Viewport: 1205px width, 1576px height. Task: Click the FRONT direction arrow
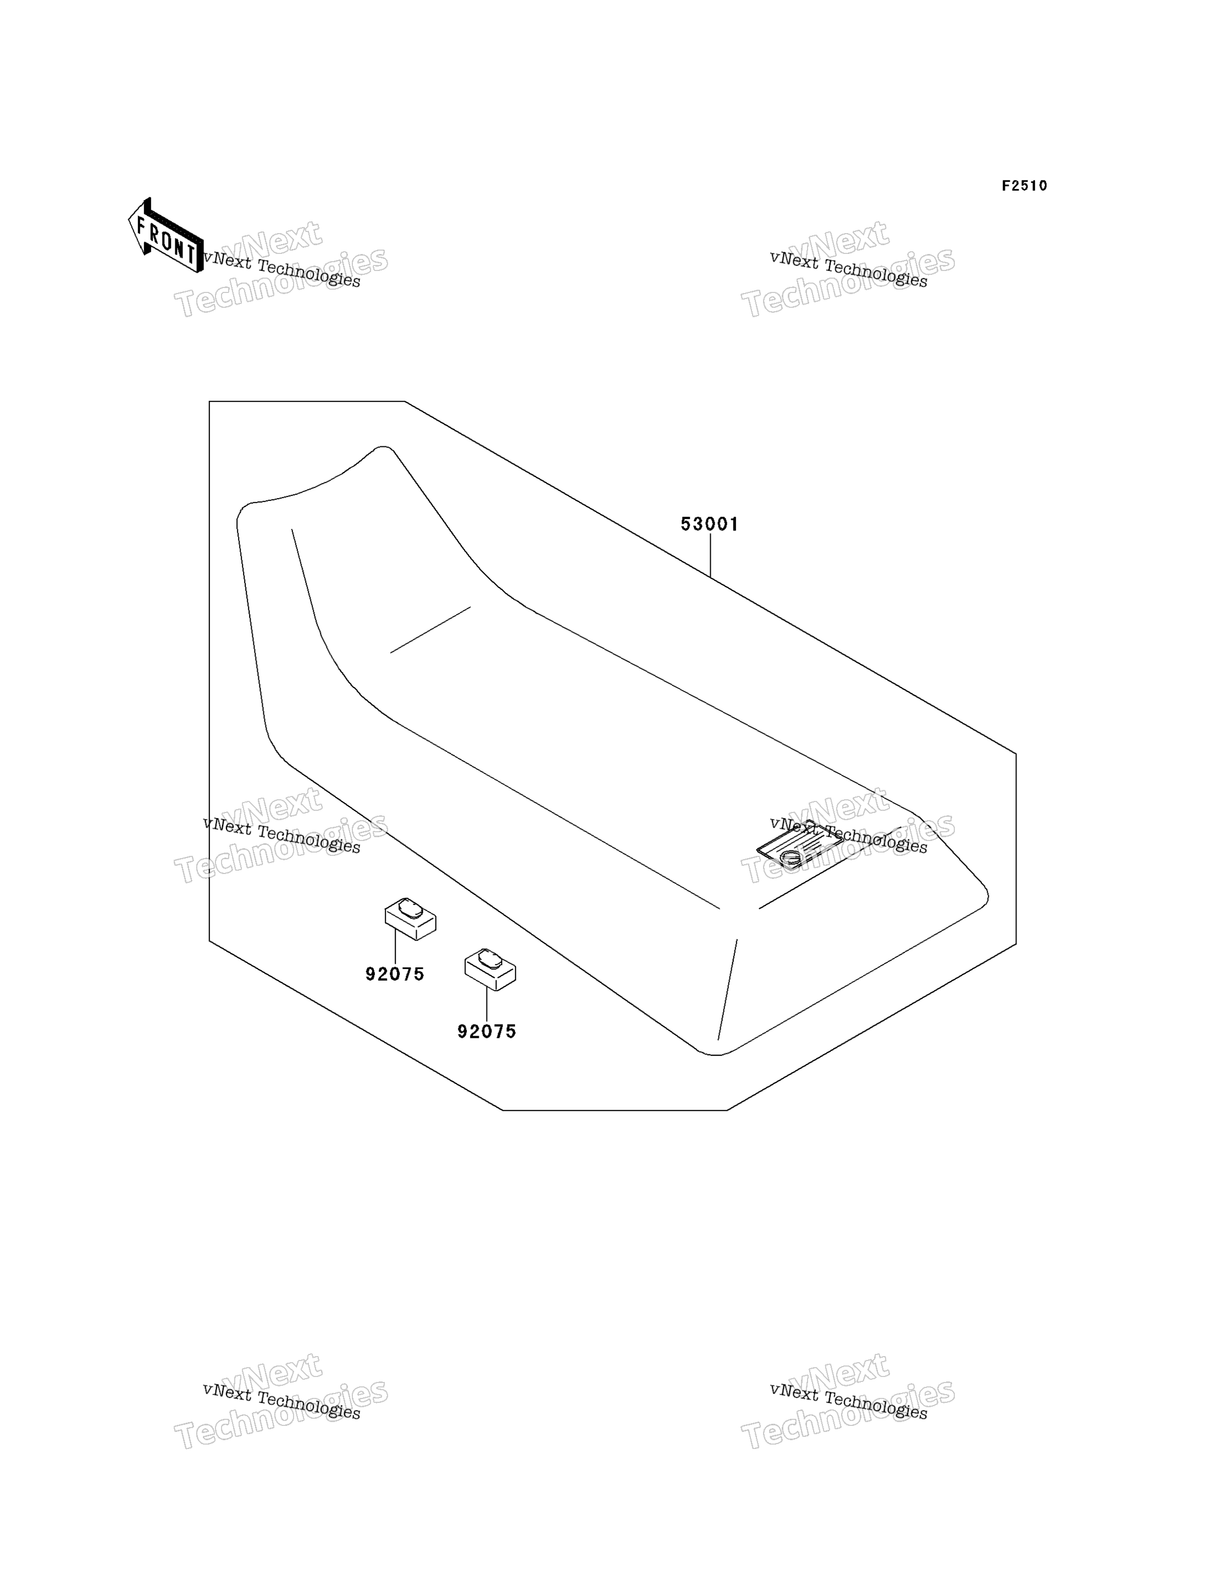(x=165, y=235)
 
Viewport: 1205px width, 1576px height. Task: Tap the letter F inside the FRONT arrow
(x=141, y=226)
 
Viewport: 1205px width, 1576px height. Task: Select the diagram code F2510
(x=1024, y=186)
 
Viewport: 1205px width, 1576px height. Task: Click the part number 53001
(x=709, y=524)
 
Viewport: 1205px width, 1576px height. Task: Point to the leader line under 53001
(x=710, y=555)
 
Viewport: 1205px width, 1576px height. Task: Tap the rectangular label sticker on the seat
(x=800, y=846)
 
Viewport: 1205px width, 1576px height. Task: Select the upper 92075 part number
(x=395, y=974)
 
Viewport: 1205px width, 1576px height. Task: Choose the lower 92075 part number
(x=487, y=1032)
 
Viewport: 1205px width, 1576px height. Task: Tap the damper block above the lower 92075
(x=490, y=969)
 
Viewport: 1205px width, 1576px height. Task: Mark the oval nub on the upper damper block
(x=410, y=908)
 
